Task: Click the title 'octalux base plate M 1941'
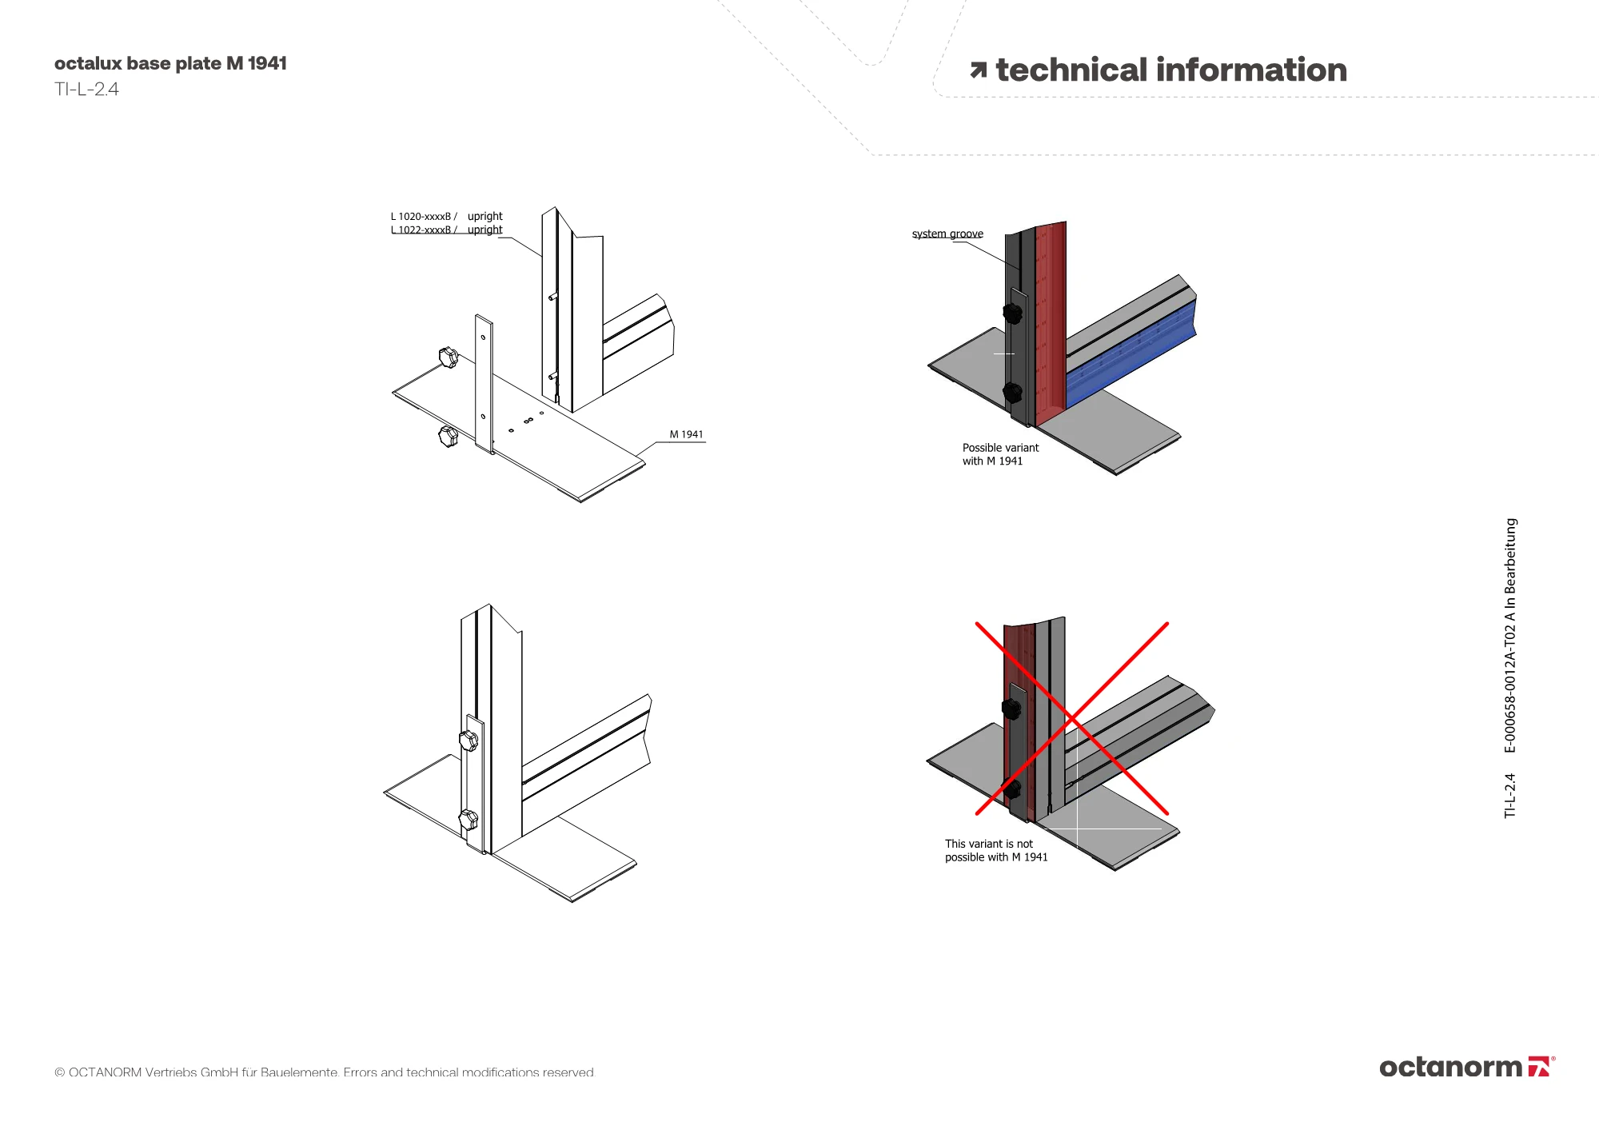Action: coord(170,63)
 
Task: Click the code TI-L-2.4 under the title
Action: coord(86,90)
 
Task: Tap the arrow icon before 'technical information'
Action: coord(978,70)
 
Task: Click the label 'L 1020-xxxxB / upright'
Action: coord(446,216)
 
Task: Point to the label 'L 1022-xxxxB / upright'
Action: coord(446,230)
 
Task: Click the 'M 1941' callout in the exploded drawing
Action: coord(686,434)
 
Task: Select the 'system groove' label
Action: coord(947,234)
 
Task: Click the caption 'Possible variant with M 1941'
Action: coord(999,454)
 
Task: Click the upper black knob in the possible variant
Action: coord(1012,313)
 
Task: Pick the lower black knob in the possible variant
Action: coord(1012,393)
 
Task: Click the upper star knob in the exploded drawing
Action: coord(449,357)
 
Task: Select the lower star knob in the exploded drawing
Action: coord(449,437)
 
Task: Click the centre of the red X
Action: coord(1071,718)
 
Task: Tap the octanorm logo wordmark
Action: coord(1450,1068)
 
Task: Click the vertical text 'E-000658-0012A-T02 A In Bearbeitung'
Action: coord(1509,636)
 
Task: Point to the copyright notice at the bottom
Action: coord(324,1072)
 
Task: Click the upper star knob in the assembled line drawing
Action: coord(469,741)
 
